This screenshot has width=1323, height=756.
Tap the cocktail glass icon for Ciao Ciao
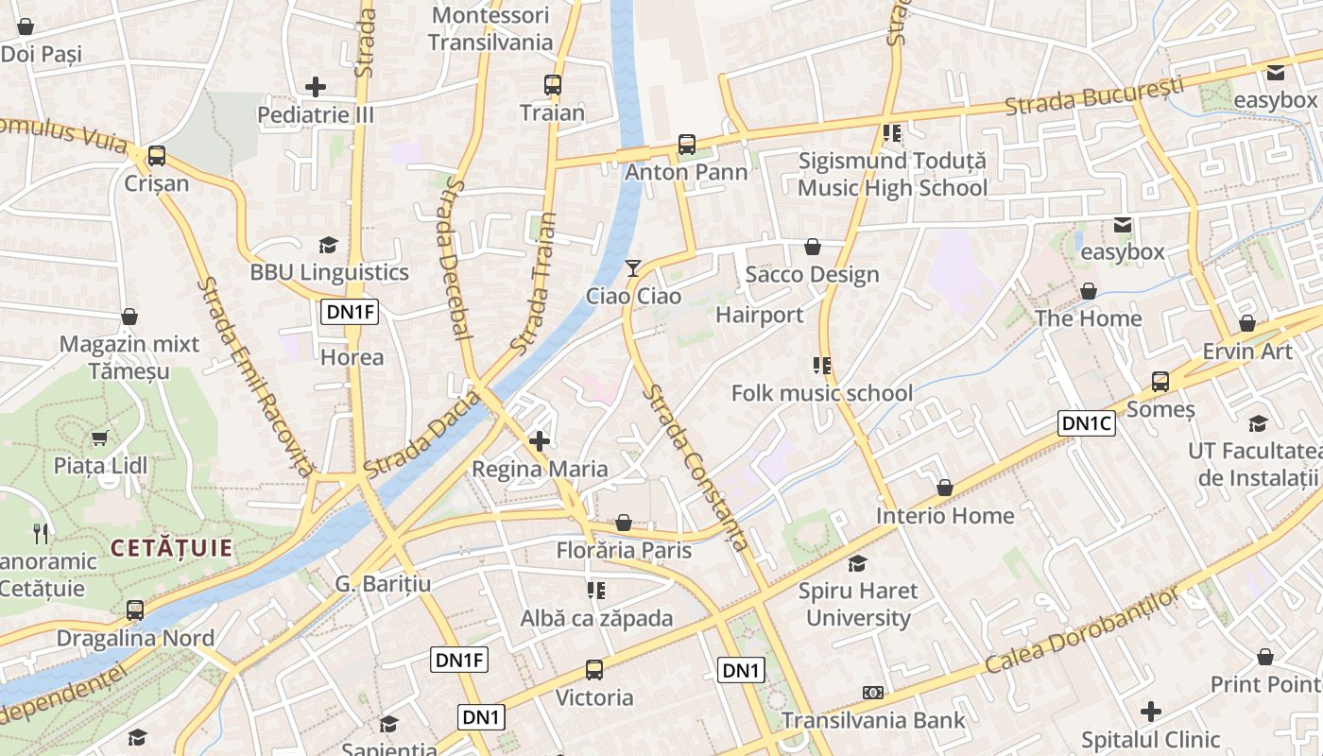633,269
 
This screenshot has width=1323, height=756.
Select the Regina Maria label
540,469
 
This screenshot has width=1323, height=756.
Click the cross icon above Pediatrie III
316,88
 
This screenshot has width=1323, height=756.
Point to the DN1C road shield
1087,423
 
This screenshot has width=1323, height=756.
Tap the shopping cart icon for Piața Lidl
100,438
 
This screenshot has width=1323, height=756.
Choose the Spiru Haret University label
858,605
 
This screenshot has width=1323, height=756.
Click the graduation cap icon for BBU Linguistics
328,246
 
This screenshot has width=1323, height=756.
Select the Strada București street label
1093,97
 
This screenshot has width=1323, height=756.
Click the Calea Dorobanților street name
1082,630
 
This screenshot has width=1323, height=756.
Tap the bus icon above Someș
1160,382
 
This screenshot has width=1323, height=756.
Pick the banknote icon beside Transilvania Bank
873,693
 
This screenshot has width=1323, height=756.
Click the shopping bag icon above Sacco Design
812,248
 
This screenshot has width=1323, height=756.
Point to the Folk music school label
822,393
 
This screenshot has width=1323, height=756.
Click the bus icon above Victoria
594,670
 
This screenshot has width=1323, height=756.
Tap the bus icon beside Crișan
157,156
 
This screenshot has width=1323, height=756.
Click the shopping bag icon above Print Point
1265,657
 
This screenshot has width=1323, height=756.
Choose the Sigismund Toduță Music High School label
892,174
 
